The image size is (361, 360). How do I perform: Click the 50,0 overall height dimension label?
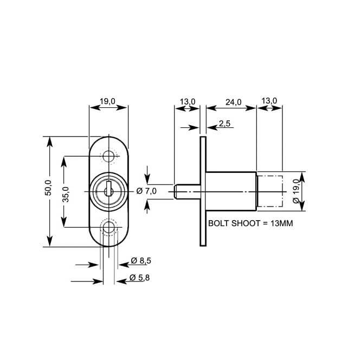[47, 188]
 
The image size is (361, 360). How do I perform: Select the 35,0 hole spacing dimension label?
[65, 194]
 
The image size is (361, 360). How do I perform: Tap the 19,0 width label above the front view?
[108, 101]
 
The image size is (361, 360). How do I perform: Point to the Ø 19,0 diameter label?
[295, 191]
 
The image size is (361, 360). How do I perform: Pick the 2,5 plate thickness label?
[225, 124]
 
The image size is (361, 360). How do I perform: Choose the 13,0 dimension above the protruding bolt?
[187, 101]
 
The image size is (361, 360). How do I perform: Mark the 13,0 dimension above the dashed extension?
[269, 101]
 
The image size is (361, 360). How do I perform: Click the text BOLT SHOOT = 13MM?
[250, 223]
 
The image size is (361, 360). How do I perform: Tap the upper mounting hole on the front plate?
[109, 157]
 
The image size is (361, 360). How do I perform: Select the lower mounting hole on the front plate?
[109, 228]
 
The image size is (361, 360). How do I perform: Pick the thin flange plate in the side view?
[203, 191]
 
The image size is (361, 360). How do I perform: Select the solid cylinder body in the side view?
[230, 191]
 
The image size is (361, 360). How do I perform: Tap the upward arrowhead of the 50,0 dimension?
[49, 142]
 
